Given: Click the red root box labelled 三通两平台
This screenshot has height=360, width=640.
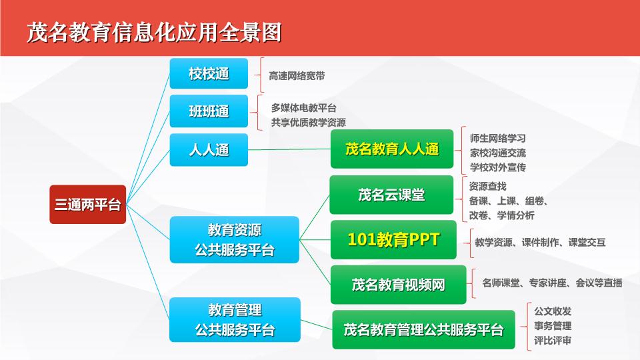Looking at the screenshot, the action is (88, 205).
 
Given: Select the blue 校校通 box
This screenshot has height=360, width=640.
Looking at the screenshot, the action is (209, 73).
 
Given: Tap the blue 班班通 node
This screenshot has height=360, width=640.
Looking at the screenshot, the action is (209, 111).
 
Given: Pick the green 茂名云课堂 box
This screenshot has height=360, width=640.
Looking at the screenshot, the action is (391, 195).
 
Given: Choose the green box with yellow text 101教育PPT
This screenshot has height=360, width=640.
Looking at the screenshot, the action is (393, 239).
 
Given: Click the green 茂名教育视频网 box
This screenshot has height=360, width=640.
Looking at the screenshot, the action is (399, 285).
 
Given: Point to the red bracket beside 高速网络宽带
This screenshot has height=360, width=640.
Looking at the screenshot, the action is (259, 75).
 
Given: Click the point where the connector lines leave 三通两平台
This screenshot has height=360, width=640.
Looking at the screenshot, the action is (127, 204).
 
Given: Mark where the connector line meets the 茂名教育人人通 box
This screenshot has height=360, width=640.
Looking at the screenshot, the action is (331, 149).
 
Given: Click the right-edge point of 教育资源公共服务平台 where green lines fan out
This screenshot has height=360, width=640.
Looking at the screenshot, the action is (299, 239).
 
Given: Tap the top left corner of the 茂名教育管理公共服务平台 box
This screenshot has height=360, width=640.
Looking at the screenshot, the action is (333, 311).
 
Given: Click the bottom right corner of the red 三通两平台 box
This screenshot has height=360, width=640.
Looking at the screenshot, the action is (126, 223).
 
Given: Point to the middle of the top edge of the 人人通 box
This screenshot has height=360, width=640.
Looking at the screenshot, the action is (209, 134).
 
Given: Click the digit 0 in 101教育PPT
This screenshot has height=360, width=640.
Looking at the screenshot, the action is (359, 239).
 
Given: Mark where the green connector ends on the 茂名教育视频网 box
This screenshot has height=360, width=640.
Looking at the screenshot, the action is (331, 284).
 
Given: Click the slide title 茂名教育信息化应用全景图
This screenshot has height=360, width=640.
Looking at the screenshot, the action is (154, 33).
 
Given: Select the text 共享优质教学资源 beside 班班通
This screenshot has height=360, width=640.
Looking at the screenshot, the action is (309, 123).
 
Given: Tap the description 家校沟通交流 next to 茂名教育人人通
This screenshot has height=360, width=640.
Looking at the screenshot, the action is (497, 153).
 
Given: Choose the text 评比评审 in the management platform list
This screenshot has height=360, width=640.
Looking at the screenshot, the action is (553, 341).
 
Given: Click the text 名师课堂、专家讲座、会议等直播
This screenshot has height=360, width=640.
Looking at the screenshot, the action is (552, 283).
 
